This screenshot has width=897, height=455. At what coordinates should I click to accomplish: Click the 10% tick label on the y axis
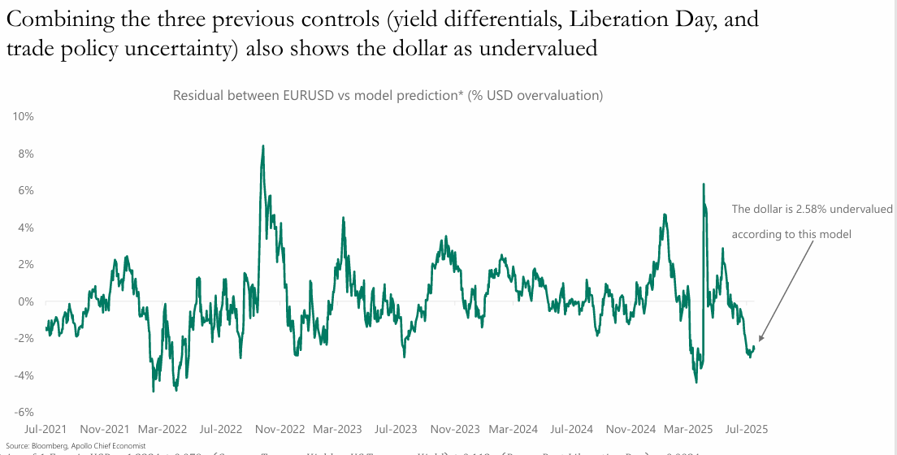pos(23,116)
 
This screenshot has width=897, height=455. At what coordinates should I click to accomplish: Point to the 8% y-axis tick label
pos(25,154)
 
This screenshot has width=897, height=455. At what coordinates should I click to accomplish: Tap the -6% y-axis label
pos(23,413)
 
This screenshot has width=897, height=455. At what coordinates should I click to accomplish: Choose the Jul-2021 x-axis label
pos(46,428)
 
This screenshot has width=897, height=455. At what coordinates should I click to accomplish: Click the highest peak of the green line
pos(262,146)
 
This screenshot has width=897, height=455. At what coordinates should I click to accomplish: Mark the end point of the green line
pos(754,347)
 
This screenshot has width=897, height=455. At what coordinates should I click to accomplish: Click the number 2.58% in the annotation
pos(816,209)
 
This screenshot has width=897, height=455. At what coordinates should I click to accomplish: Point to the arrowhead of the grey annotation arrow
pos(760,340)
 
